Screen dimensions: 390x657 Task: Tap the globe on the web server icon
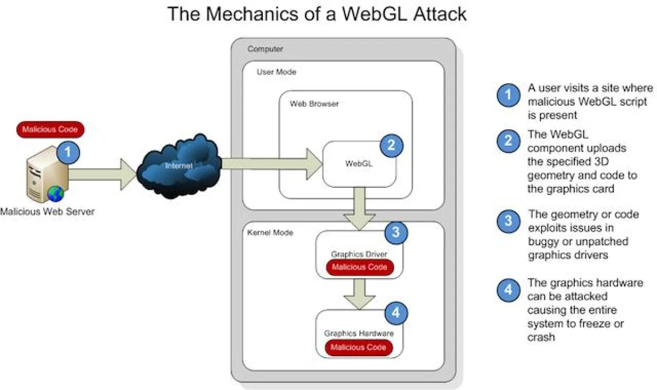(x=55, y=194)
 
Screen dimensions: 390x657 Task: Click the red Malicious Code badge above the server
(x=50, y=130)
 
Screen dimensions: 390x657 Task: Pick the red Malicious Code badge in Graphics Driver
(x=359, y=267)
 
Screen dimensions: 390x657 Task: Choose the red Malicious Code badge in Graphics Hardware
(x=359, y=347)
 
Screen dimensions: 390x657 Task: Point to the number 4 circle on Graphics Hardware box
(x=396, y=313)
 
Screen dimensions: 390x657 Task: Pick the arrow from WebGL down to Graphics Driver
(x=359, y=208)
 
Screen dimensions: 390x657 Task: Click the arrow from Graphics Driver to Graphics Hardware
(x=359, y=296)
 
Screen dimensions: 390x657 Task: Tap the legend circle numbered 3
(x=508, y=221)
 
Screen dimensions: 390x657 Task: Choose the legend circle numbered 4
(x=508, y=289)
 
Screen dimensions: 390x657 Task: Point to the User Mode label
(x=276, y=72)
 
